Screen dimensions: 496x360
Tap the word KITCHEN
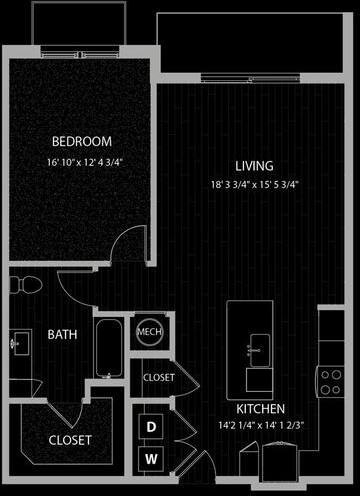click(260, 409)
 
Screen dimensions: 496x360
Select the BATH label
click(64, 335)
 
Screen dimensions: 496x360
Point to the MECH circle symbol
click(149, 332)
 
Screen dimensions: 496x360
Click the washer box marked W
click(152, 459)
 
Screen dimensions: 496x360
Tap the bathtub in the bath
click(109, 345)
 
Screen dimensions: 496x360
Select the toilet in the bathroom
click(25, 286)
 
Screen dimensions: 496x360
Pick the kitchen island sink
click(254, 347)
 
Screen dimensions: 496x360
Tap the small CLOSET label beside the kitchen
click(159, 378)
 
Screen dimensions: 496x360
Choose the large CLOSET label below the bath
click(70, 439)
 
